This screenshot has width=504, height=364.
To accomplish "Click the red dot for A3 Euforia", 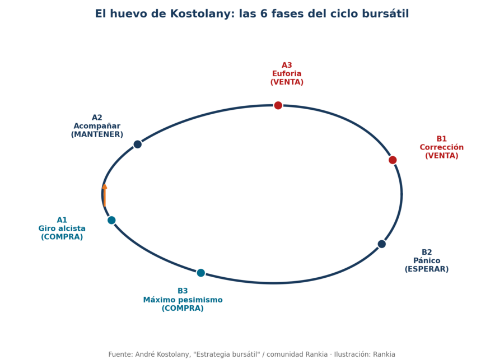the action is (x=278, y=105).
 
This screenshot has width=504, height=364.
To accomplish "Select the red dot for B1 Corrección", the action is (x=393, y=160).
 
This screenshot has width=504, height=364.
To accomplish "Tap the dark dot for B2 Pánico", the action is (x=381, y=244).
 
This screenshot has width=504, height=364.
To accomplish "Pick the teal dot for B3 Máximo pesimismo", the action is (x=201, y=273).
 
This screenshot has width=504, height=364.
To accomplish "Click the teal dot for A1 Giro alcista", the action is (x=111, y=220).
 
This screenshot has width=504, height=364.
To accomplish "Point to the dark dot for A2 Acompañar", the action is (x=138, y=144).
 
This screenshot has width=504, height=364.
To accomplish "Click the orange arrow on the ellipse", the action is (x=105, y=195).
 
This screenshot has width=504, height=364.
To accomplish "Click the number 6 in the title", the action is (x=264, y=14).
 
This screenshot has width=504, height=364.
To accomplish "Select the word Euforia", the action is (x=287, y=73).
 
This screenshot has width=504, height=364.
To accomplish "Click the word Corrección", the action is (x=442, y=147).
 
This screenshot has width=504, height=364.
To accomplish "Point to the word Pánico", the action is (x=427, y=260).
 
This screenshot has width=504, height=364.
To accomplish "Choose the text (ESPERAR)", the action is (x=427, y=269).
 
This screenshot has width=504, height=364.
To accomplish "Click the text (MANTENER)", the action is (x=97, y=134).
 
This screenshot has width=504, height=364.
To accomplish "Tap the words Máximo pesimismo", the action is (x=183, y=300).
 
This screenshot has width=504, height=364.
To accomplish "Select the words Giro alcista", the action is (x=62, y=228).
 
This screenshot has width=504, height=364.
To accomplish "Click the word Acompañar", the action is (x=97, y=126).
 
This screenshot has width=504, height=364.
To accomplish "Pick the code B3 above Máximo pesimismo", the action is (x=183, y=291).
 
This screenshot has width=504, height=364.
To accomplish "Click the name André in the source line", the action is (x=144, y=354).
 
